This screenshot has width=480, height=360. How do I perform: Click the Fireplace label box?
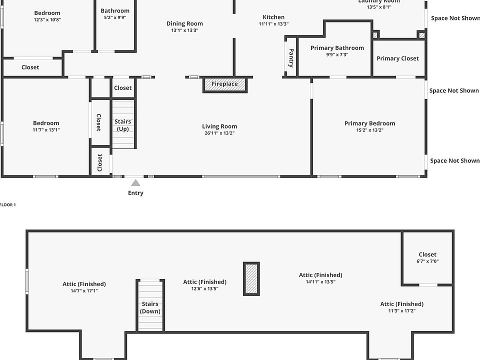tap(224, 84)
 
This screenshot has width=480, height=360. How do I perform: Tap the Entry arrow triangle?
tap(135, 183)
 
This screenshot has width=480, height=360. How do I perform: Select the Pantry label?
tap(291, 57)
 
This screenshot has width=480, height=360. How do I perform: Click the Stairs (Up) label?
tap(123, 125)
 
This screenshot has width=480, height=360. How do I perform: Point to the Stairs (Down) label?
tap(150, 307)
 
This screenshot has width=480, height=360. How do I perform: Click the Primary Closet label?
tap(397, 58)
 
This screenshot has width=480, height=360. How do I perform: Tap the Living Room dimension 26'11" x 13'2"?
tap(219, 133)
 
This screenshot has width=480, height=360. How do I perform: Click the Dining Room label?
tap(184, 23)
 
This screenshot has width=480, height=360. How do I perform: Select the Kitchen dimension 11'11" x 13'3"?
tap(273, 24)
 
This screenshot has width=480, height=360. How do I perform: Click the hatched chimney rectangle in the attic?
tap(251, 278)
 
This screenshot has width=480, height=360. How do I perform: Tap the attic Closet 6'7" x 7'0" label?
tap(427, 254)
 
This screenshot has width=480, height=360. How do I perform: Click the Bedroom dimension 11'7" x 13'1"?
tap(46, 130)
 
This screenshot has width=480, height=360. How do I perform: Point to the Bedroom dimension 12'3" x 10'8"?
tap(47, 20)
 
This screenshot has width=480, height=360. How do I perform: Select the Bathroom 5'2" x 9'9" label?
tap(115, 10)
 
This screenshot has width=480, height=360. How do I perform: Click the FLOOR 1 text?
tap(8, 205)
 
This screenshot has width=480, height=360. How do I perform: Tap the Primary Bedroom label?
tap(369, 123)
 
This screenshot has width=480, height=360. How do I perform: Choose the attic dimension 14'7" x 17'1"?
tap(84, 290)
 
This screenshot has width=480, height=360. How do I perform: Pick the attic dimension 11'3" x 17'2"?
tap(401, 310)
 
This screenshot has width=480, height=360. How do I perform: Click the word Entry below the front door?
tap(135, 193)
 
